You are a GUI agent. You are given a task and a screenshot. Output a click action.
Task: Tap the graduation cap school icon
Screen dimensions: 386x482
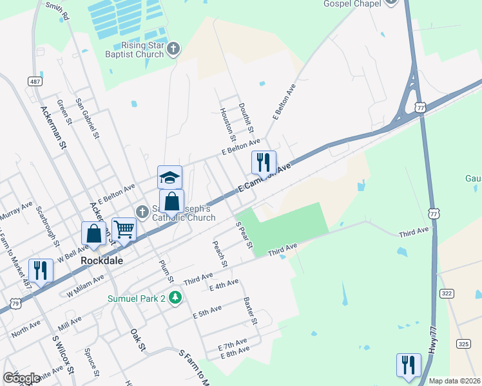[x=170, y=177]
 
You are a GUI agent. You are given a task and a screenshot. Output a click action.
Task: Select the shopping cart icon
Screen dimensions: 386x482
[x=124, y=229]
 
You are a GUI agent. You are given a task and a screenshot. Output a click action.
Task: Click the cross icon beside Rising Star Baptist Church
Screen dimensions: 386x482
[x=173, y=49]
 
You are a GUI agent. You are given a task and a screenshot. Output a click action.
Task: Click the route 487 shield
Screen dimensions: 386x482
[x=35, y=82]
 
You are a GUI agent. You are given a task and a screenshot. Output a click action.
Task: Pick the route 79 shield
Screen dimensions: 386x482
[x=16, y=301]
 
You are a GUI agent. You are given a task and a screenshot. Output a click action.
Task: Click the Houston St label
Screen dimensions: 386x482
[x=227, y=125]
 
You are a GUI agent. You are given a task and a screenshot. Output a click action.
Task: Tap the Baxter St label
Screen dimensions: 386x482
[x=250, y=311]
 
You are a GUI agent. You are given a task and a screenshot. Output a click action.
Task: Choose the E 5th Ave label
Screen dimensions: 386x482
[x=207, y=312]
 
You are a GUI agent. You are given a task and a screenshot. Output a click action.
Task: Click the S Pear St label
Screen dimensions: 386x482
[x=244, y=235]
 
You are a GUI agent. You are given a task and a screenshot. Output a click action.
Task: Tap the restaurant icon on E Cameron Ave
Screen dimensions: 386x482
[x=263, y=162]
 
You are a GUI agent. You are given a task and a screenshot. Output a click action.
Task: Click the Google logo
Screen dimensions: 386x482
[x=21, y=379]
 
